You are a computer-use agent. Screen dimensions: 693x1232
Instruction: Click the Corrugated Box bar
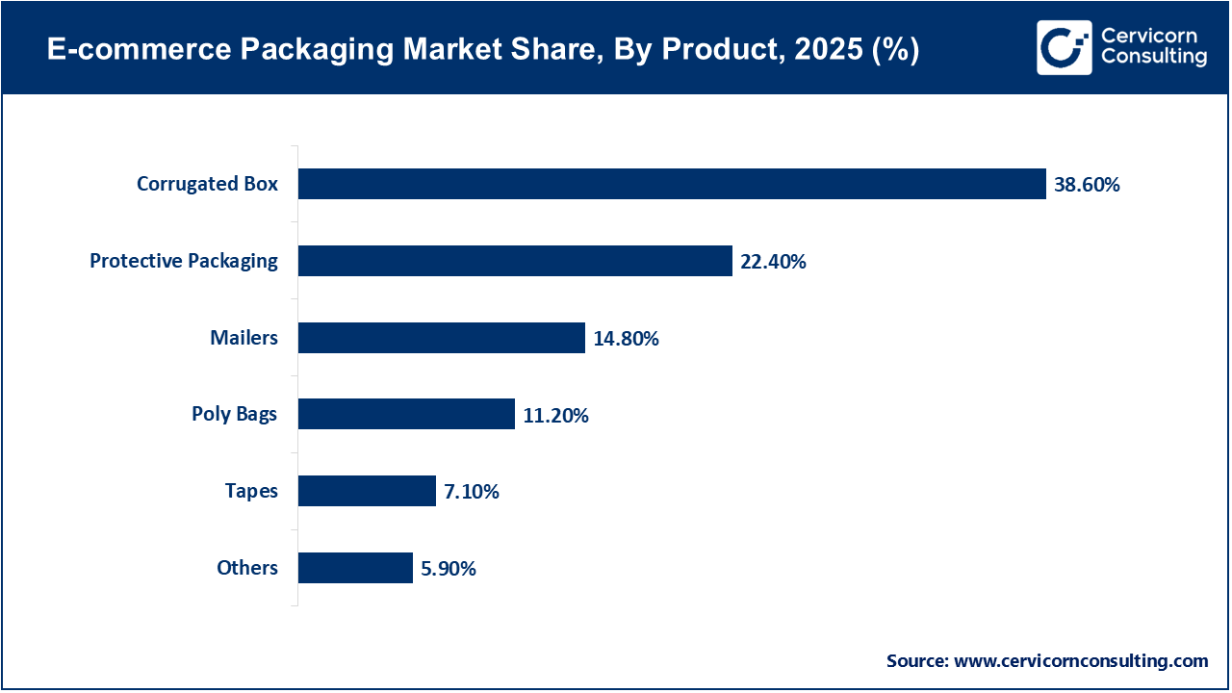(671, 184)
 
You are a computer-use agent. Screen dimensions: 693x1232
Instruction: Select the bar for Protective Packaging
(515, 261)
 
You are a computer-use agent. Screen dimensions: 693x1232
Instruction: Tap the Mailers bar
(441, 338)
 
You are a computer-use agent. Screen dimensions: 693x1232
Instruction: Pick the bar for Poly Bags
(406, 414)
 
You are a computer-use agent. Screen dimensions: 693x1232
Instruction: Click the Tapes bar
(367, 491)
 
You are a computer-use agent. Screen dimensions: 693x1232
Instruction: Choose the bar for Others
(355, 568)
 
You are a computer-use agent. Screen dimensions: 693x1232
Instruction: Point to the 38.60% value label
(1087, 185)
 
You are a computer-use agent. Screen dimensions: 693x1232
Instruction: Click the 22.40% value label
(773, 262)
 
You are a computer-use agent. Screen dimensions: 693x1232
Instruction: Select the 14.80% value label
(626, 339)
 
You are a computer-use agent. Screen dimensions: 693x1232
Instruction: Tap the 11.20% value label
(555, 416)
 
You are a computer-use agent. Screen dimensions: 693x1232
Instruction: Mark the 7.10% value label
(472, 492)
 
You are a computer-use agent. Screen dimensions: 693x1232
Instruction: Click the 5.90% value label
(449, 569)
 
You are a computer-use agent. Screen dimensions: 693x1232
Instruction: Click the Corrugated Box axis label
(207, 184)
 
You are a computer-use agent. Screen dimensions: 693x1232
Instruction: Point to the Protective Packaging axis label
(184, 261)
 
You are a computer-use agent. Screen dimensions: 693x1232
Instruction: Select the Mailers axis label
(244, 338)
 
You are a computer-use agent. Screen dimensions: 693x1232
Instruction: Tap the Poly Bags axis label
(234, 414)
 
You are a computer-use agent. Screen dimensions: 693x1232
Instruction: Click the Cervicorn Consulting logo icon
(1065, 47)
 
